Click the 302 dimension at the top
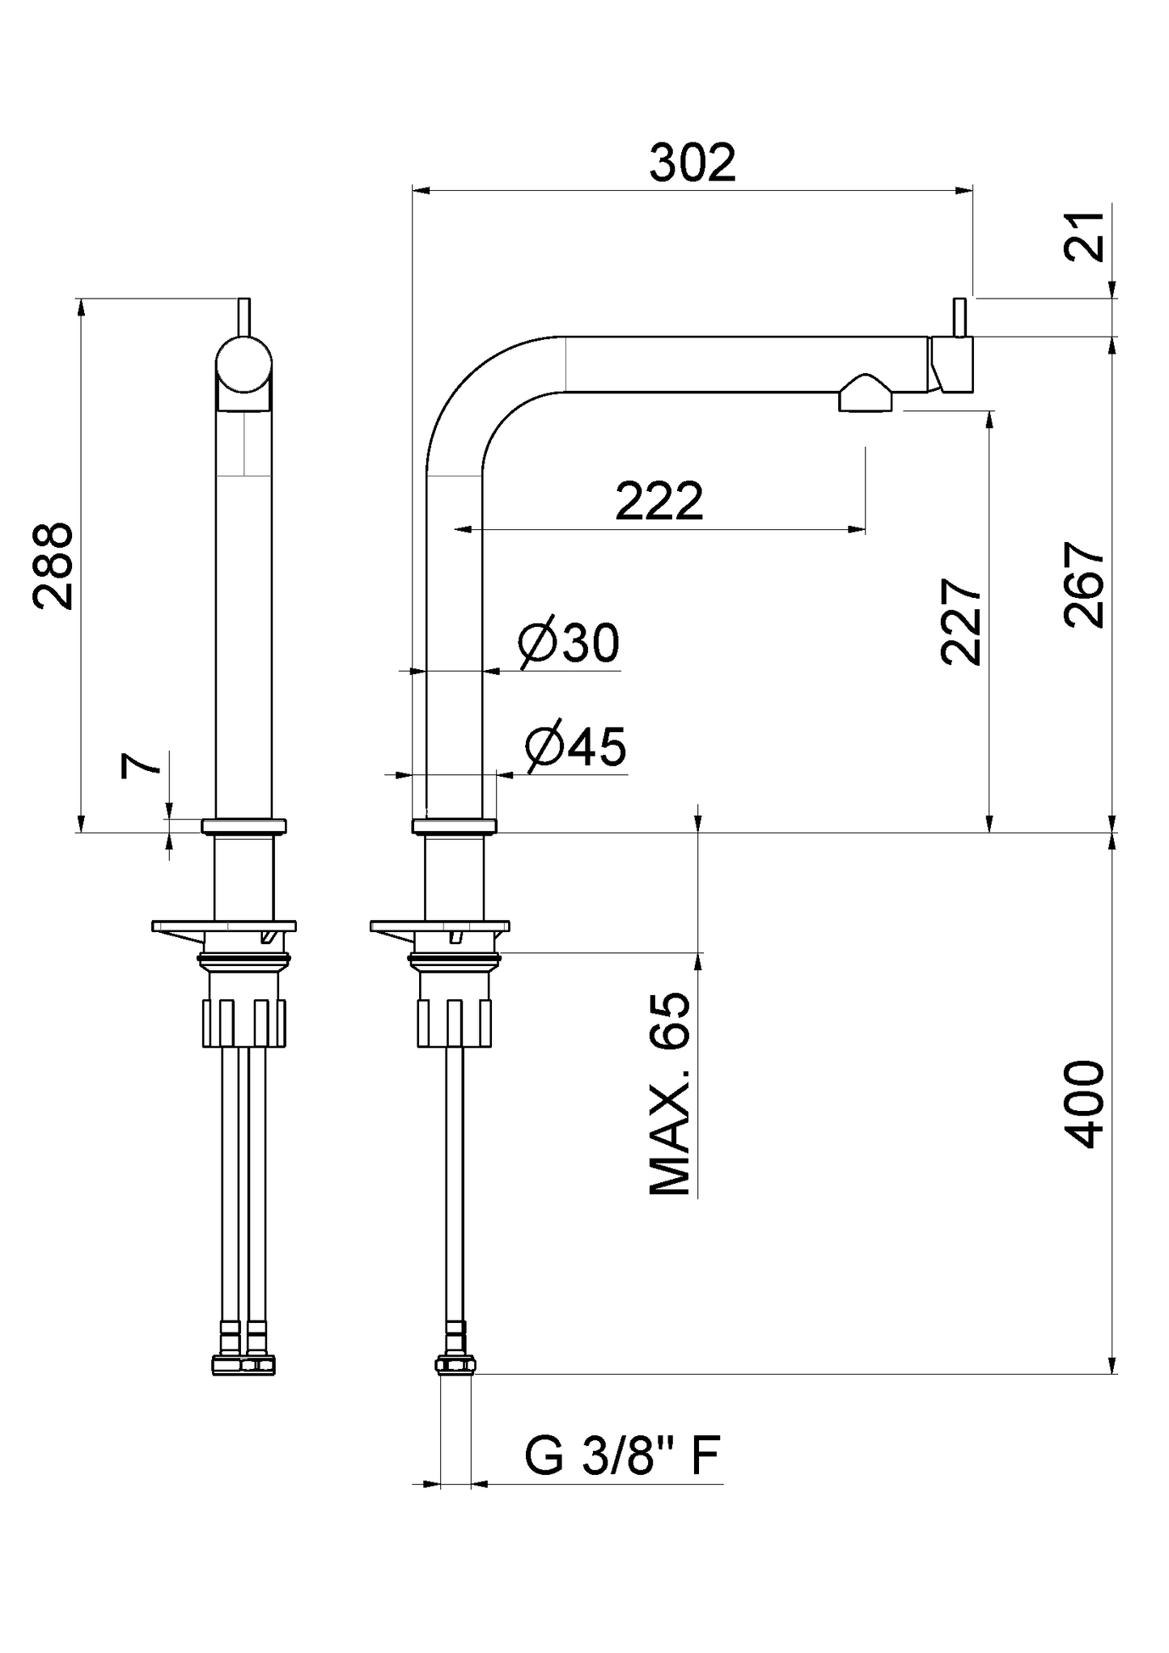click(693, 163)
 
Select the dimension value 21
click(1083, 235)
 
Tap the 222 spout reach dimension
click(659, 502)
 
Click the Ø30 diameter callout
click(570, 643)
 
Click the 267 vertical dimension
click(1083, 584)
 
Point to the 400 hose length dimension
click(1083, 1104)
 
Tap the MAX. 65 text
click(671, 1094)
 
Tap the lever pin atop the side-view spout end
click(959, 318)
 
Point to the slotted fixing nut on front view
click(244, 1023)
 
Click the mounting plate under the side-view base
click(440, 926)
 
